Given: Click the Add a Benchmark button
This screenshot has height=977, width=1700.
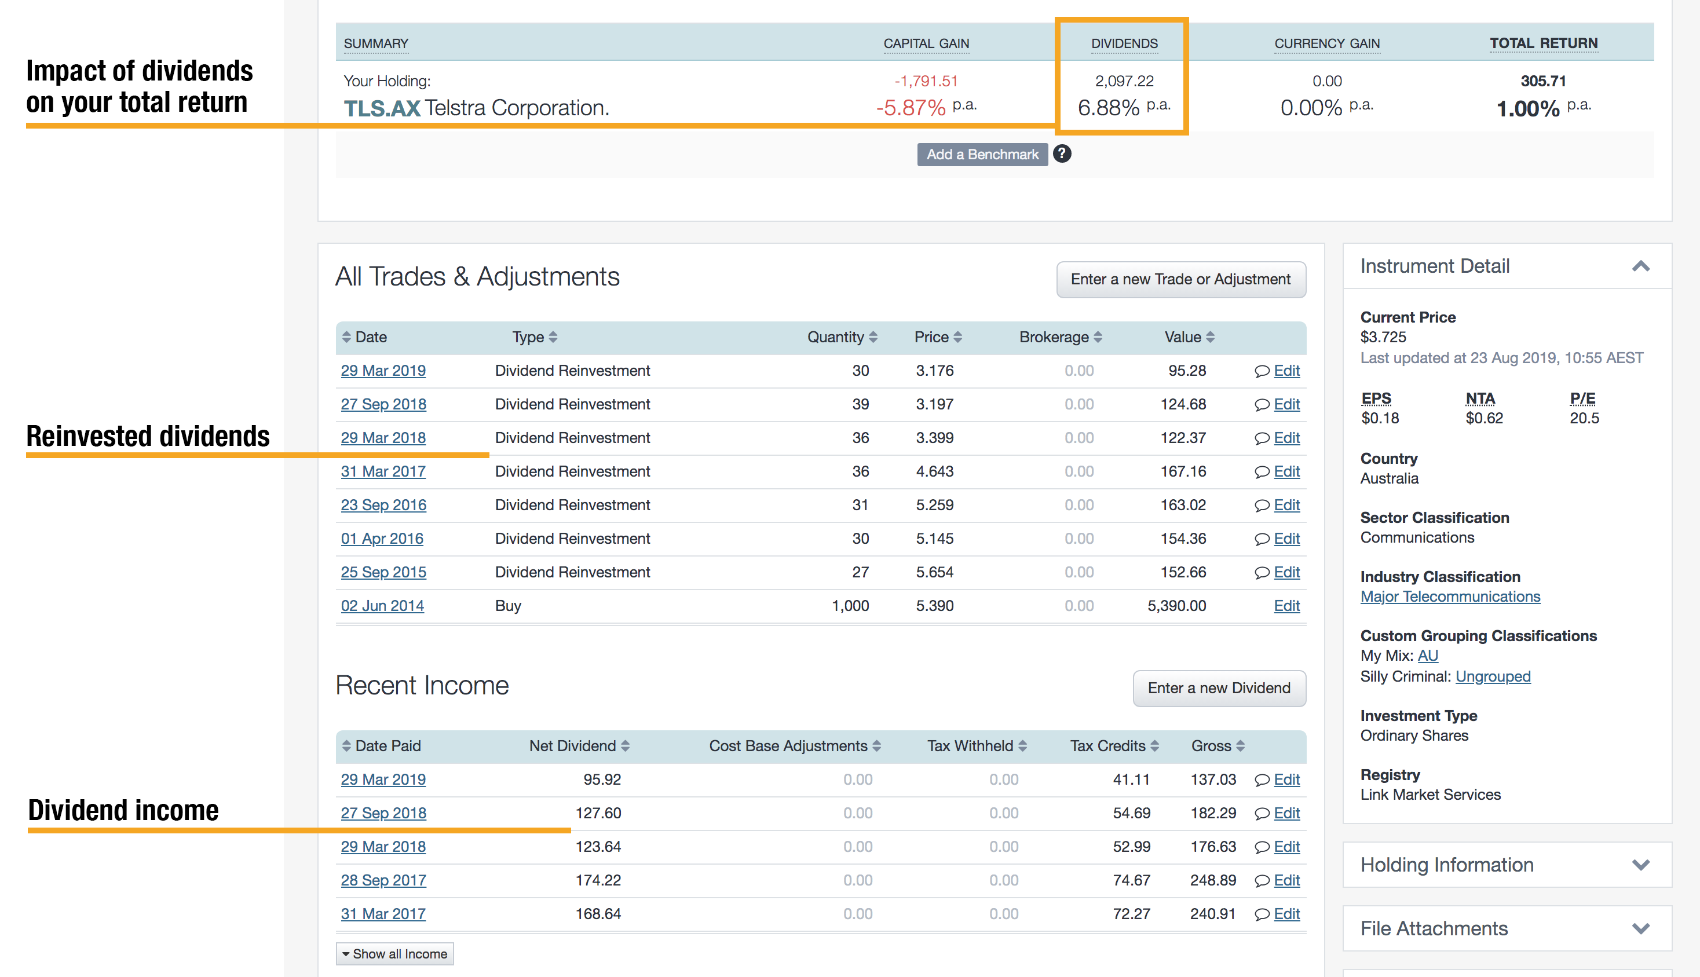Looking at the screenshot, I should (982, 154).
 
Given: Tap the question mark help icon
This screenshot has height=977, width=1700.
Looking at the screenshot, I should (1062, 153).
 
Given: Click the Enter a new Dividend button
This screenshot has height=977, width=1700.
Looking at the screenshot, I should (1219, 688).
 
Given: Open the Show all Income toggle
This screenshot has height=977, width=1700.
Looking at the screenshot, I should (394, 953).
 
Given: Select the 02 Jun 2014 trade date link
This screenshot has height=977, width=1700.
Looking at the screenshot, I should (382, 605).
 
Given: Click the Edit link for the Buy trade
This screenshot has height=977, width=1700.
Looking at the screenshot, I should (1286, 605).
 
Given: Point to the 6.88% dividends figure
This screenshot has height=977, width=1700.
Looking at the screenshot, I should (1109, 107).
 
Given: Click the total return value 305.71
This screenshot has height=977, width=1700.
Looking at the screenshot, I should (1543, 81).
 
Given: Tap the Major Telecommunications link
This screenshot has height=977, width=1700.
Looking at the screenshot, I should (1450, 597).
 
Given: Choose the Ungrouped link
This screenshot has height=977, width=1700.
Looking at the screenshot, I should (1493, 676).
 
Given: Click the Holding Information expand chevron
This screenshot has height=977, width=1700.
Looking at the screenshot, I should (1640, 865).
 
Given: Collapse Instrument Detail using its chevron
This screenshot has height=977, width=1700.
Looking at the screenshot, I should (1640, 266).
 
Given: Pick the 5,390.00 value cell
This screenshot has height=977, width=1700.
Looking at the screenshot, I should (1176, 605).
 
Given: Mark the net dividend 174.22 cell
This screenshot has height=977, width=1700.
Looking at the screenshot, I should (598, 880).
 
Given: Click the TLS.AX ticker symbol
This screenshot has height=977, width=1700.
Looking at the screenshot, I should (382, 108).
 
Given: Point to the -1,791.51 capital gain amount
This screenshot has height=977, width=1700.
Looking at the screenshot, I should (926, 81).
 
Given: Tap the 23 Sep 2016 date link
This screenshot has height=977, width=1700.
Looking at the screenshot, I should (383, 504).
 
